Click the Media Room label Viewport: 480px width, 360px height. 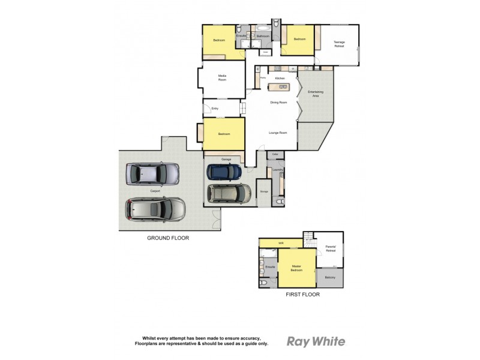point(222,78)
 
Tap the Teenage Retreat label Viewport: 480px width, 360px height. point(340,43)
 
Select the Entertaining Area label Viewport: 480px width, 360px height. point(316,94)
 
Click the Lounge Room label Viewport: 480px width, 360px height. point(278,133)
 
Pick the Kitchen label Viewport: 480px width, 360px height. point(280,79)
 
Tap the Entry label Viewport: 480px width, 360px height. point(215,109)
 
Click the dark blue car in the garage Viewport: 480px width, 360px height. point(224,172)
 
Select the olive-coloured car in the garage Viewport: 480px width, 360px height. point(229,193)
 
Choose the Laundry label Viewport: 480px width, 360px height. point(277,170)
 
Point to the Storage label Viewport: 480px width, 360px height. point(264,191)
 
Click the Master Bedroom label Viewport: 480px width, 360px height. point(296,268)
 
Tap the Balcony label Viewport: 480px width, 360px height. point(330,277)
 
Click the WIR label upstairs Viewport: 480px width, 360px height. point(281,243)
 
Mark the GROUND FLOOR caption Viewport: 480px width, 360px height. point(168,238)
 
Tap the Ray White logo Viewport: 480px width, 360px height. point(316,341)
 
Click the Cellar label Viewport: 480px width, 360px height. point(275,155)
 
